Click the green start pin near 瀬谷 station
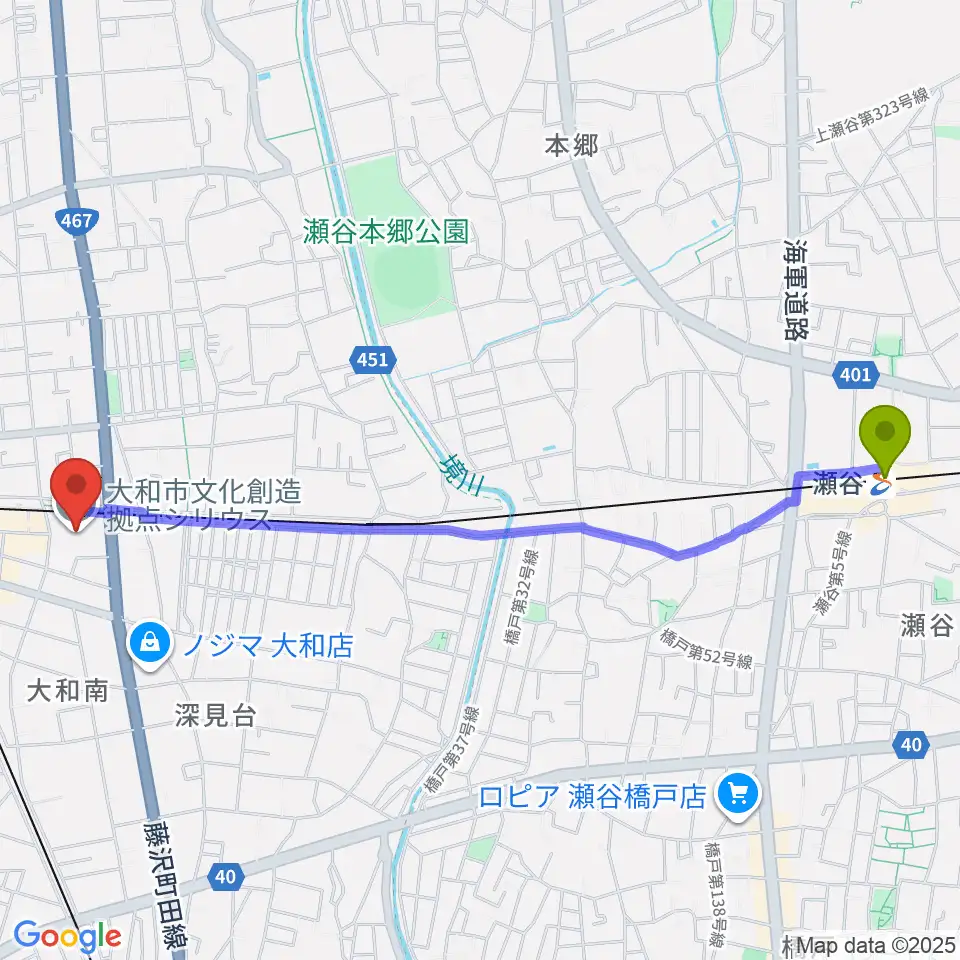886,435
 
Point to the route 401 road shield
855,374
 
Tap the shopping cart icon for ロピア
740,795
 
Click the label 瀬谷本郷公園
387,233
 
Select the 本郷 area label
571,147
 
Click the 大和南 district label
66,690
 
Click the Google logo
67,937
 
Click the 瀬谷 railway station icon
881,487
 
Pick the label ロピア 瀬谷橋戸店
594,797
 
